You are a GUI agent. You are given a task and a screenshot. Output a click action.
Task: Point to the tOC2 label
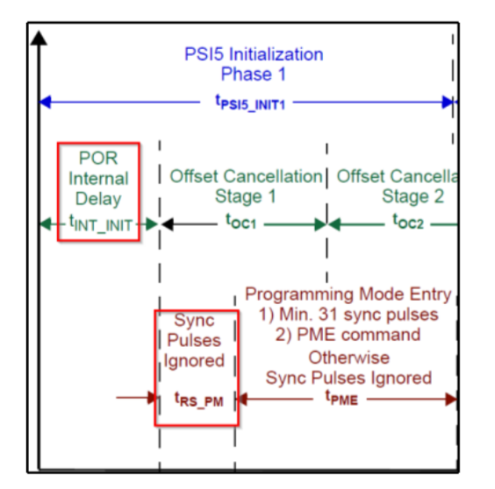tap(407, 223)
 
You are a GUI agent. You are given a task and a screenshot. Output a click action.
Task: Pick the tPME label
tap(343, 400)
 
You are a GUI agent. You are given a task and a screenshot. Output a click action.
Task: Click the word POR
tap(98, 159)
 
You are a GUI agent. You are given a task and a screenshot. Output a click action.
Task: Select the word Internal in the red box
tap(98, 179)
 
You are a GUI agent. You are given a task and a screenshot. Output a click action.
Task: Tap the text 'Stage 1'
tap(245, 195)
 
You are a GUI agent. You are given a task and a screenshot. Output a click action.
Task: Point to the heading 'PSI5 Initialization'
tap(254, 54)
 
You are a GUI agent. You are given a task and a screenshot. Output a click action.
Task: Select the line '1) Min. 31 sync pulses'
tap(349, 315)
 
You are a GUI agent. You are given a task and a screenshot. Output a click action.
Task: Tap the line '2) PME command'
tap(349, 335)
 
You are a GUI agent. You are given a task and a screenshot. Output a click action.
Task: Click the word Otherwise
tap(348, 358)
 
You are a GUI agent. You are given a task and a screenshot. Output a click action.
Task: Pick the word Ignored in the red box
tap(195, 361)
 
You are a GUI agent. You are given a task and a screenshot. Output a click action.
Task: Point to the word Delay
tap(98, 199)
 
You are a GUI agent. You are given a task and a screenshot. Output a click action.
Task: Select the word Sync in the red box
tap(195, 320)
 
